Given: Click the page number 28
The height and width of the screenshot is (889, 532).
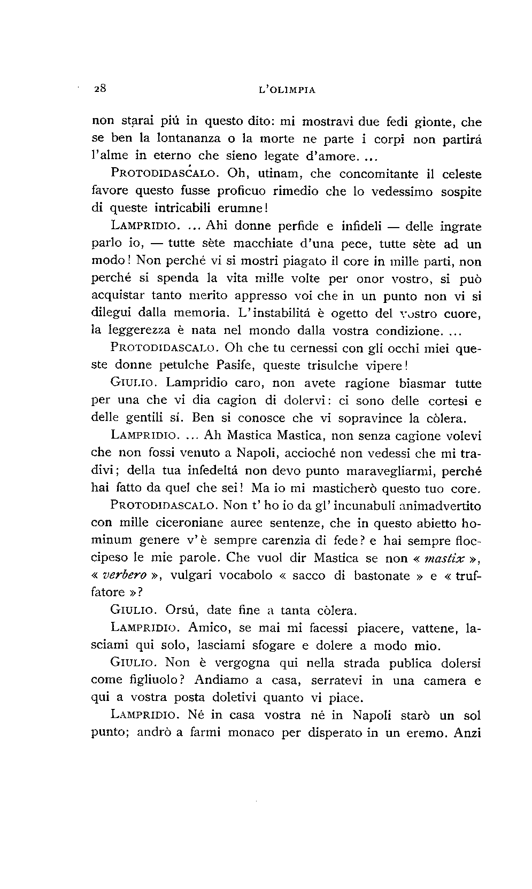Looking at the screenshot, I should point(101,89).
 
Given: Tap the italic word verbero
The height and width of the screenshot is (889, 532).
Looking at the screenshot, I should point(124,576).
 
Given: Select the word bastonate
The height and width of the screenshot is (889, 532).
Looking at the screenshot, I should point(383,576).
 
